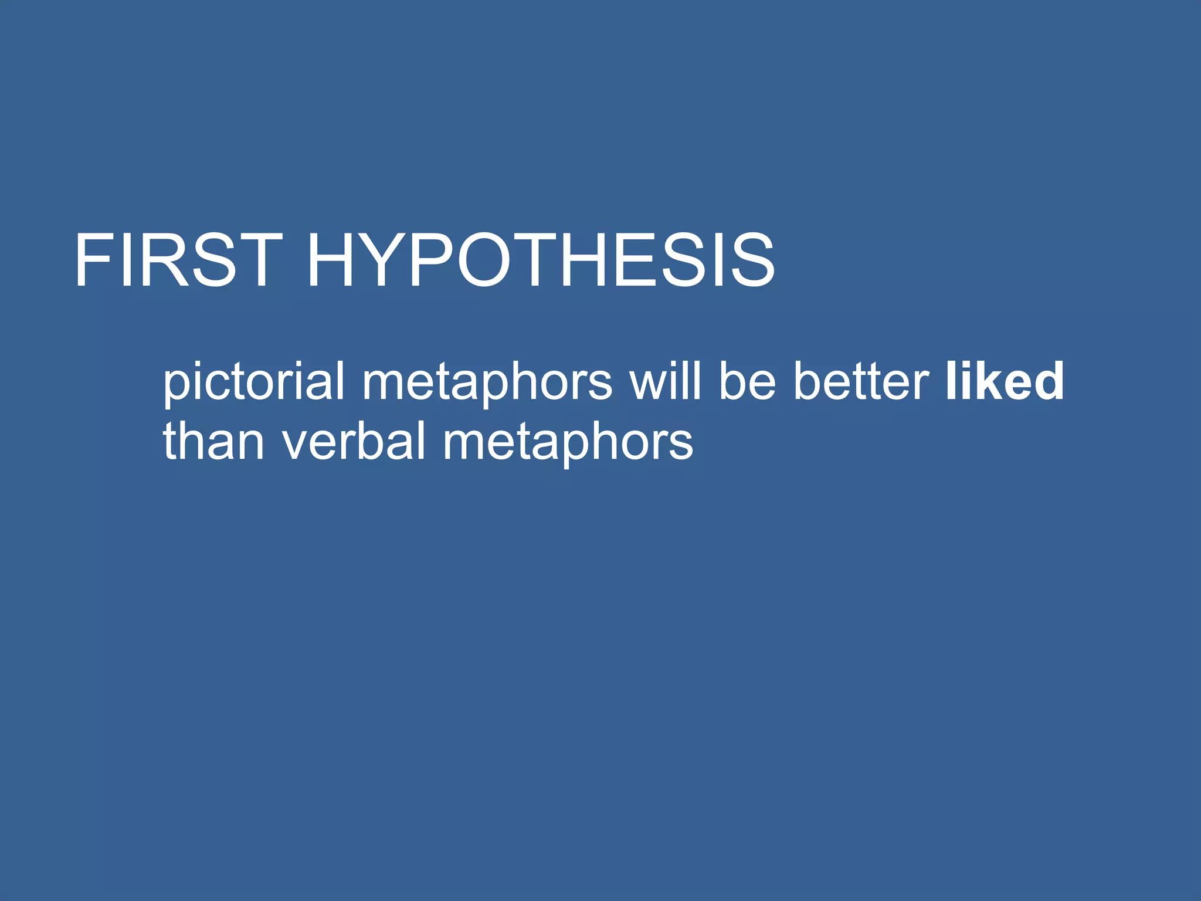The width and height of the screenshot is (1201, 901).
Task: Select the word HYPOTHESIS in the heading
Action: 540,260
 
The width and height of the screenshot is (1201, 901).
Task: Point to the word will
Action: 665,381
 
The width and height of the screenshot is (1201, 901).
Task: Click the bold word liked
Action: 1005,381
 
